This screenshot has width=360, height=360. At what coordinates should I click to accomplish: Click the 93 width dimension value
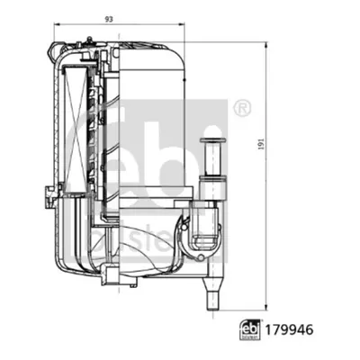109,19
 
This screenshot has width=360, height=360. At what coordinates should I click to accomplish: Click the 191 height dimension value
262,144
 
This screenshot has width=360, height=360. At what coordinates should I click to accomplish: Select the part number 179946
289,330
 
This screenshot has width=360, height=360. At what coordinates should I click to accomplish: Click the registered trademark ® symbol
242,108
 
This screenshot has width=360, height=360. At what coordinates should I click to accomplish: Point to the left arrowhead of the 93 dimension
57,25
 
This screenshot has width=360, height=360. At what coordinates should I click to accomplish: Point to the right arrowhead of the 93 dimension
182,25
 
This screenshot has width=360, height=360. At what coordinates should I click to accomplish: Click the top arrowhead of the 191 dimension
266,45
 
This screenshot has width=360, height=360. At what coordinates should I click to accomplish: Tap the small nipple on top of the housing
88,40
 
